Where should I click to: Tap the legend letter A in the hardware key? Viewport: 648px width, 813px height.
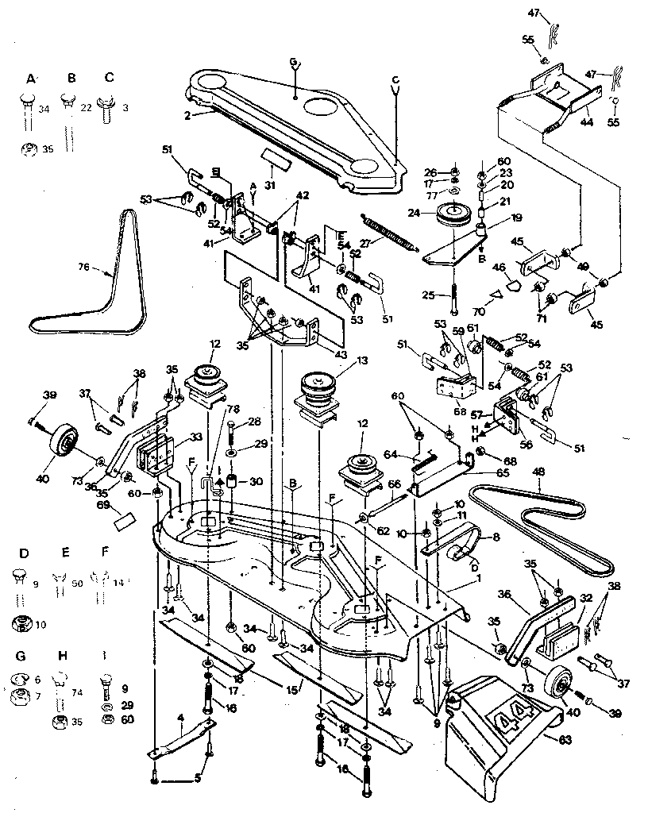31,78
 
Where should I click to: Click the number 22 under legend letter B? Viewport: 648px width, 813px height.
85,108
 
